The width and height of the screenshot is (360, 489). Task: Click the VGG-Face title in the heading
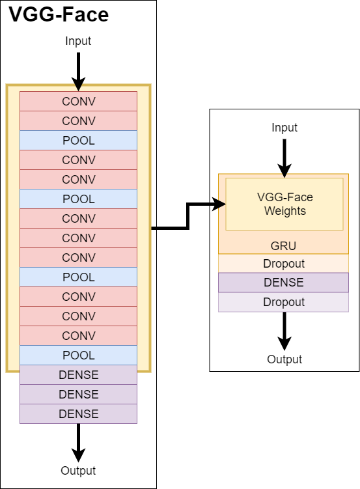click(x=59, y=14)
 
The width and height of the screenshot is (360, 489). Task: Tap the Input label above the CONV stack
click(x=78, y=41)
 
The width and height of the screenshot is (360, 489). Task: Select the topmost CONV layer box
click(x=78, y=101)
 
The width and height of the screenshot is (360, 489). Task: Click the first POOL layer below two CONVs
click(x=78, y=141)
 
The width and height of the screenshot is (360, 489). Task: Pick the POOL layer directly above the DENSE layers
click(x=78, y=356)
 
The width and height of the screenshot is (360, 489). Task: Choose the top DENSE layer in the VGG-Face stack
click(x=78, y=374)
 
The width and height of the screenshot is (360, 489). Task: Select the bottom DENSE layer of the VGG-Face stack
click(x=78, y=414)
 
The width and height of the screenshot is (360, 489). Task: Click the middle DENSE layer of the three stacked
click(x=78, y=394)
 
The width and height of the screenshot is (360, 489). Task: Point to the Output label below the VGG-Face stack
click(x=78, y=471)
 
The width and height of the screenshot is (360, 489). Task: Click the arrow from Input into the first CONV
click(x=78, y=72)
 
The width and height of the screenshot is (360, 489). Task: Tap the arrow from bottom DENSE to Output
click(x=78, y=443)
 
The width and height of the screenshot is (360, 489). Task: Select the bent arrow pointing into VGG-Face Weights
click(x=187, y=216)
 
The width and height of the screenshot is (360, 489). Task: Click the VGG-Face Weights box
click(x=284, y=204)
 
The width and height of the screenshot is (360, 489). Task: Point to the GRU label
click(x=283, y=245)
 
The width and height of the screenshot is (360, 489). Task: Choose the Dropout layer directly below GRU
click(x=283, y=264)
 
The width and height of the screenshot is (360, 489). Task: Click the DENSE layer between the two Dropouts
click(x=283, y=283)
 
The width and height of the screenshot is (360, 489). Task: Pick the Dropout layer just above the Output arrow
click(x=283, y=302)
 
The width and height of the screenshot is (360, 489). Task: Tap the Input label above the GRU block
click(x=284, y=127)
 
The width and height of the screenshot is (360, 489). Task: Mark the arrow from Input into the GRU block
click(x=284, y=158)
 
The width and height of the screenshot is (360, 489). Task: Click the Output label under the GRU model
click(x=284, y=359)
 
